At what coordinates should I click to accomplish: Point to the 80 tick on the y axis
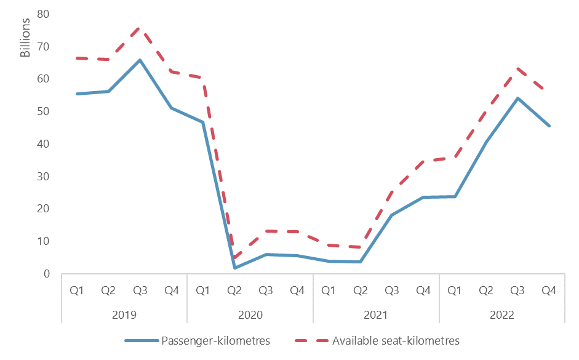tap(44, 14)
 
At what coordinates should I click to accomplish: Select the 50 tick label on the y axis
tap(44, 111)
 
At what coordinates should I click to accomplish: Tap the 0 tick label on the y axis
tap(47, 274)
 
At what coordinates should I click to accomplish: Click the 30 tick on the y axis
tap(44, 177)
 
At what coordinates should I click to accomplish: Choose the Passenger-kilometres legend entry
tap(197, 340)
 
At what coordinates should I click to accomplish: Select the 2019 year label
tap(125, 314)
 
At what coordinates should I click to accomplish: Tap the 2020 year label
tap(250, 314)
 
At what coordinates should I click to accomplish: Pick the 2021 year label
tap(376, 314)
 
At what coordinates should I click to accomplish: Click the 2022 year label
tap(501, 314)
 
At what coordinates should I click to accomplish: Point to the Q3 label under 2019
tap(140, 290)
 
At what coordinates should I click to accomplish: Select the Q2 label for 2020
tap(234, 290)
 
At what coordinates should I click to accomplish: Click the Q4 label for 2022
tap(549, 290)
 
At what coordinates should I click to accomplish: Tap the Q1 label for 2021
tap(329, 290)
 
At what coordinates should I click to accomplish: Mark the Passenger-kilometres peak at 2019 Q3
tap(140, 60)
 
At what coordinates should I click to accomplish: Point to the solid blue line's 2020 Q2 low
tap(234, 268)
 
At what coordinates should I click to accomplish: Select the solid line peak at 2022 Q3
tap(517, 98)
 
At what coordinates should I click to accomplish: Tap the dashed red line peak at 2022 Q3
tap(517, 68)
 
